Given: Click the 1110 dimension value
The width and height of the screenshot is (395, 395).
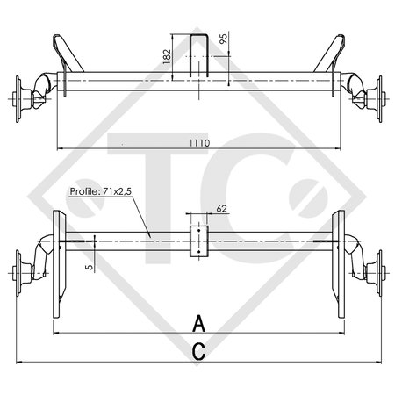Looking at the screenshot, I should point(198,141).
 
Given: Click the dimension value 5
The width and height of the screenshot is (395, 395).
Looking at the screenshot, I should point(89,263).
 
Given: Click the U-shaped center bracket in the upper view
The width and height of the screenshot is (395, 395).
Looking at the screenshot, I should point(197,54).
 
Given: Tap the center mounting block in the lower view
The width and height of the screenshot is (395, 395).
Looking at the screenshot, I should point(198,241).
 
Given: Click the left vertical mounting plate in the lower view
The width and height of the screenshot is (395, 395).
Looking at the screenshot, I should point(58,263).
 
